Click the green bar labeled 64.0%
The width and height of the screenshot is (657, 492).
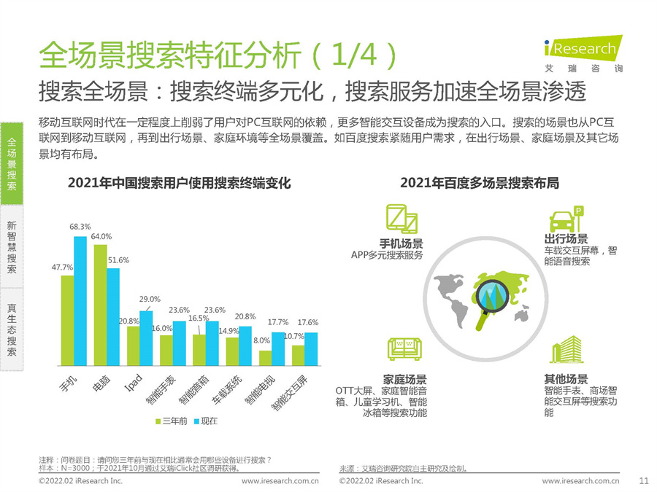point(100,305)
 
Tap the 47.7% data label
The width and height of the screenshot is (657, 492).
point(62,267)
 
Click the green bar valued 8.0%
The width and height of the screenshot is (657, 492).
point(266,357)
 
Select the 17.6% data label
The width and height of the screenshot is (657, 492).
point(308,322)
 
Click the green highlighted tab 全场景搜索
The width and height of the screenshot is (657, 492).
point(12,165)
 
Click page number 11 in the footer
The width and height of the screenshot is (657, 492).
point(643,480)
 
